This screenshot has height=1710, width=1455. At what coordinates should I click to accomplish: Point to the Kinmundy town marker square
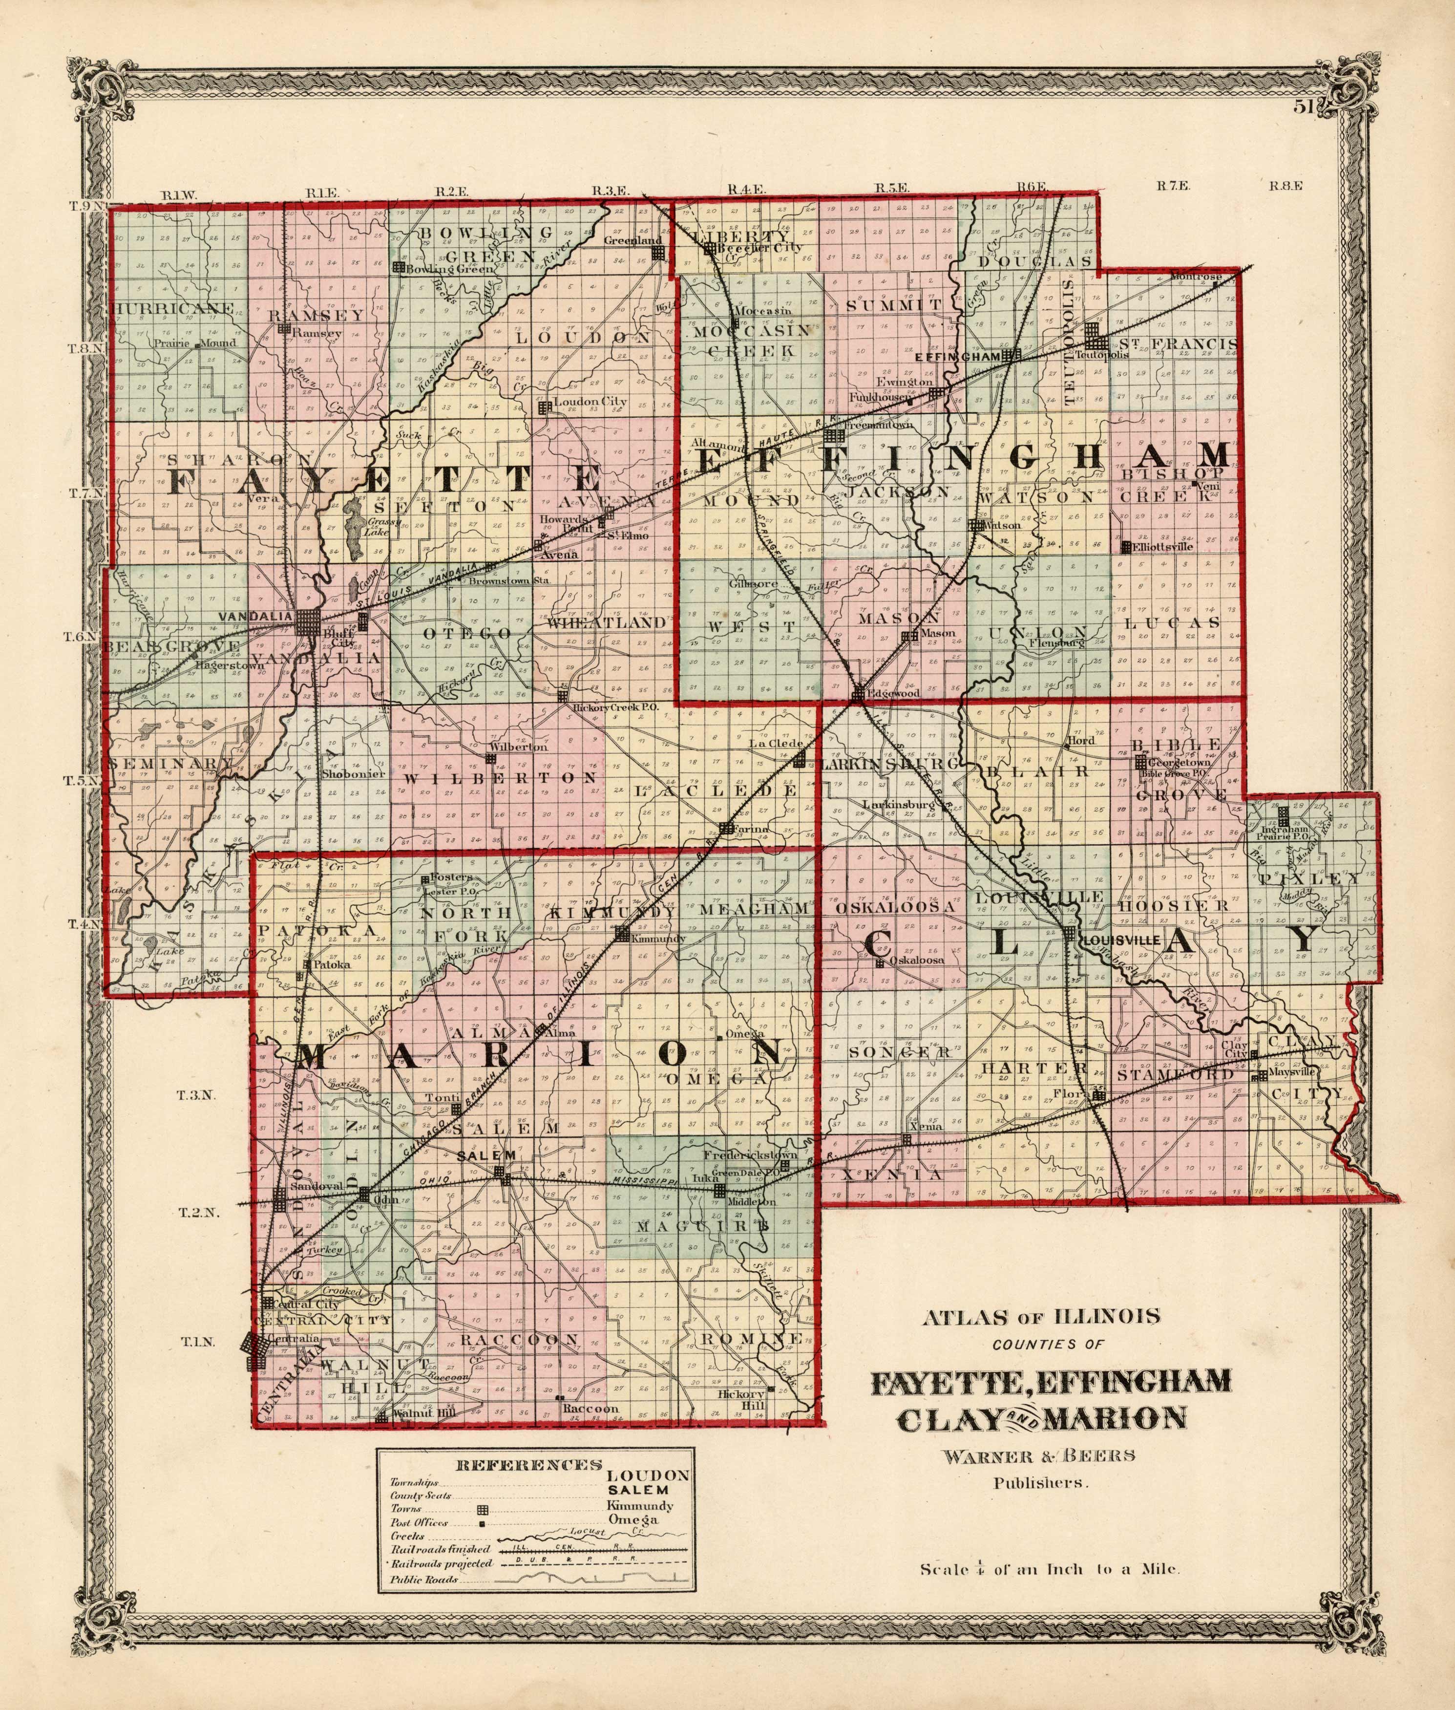(623, 934)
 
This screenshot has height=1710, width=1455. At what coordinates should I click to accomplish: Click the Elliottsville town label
(1163, 547)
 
